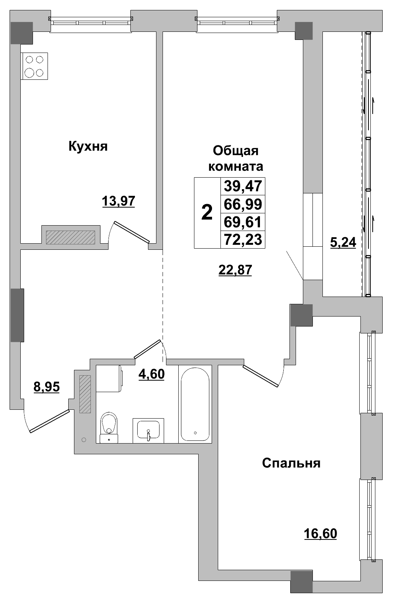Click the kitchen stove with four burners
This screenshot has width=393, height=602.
point(34,66)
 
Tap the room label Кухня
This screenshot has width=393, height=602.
point(88,146)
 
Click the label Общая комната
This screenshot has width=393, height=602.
point(235,158)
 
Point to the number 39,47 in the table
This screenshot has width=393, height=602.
point(243,186)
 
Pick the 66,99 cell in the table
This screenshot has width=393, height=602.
point(243,204)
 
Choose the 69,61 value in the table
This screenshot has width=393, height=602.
point(243,222)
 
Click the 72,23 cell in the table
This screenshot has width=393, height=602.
point(243,239)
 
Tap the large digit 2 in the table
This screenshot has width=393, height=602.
point(207,213)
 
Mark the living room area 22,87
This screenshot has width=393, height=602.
point(235,270)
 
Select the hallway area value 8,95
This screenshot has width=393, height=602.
point(47,387)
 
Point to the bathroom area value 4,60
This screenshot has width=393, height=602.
point(151,373)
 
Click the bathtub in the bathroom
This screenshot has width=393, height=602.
point(195,404)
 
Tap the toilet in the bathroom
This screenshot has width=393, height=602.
point(109,427)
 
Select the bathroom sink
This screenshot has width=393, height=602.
point(148,430)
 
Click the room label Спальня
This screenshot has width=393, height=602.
point(291,463)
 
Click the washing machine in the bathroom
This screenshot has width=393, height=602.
point(109,378)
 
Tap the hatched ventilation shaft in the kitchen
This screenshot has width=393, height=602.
point(70,237)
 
